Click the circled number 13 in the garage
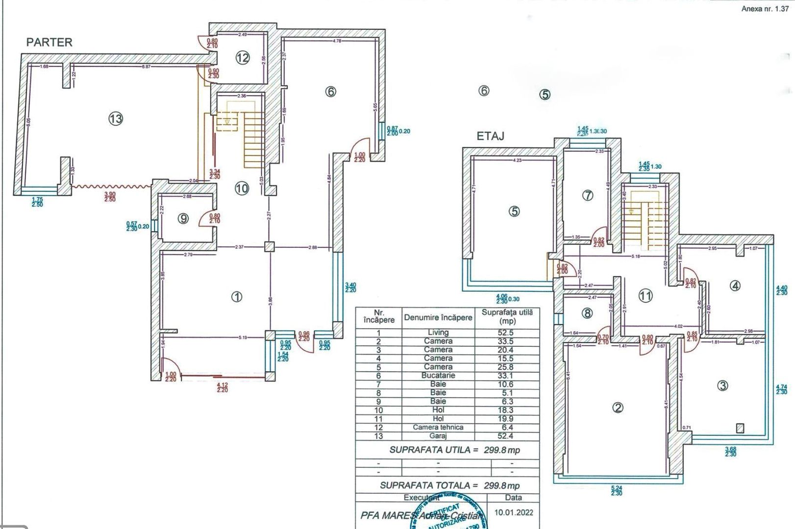coord(116,119)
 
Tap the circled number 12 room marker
coord(243,58)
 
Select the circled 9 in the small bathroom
coord(183,218)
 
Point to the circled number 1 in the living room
coord(237,296)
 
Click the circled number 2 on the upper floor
coord(618,408)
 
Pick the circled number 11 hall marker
coord(646,295)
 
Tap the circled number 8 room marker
coord(587,313)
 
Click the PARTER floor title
coord(49,42)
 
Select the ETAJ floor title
coord(490,136)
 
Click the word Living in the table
coord(438,333)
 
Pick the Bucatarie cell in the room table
coord(438,376)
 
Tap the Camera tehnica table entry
coord(438,427)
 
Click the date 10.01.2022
coord(513,512)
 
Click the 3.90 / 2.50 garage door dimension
coord(110,197)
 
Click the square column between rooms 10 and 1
coord(269,247)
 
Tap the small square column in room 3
coord(740,428)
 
